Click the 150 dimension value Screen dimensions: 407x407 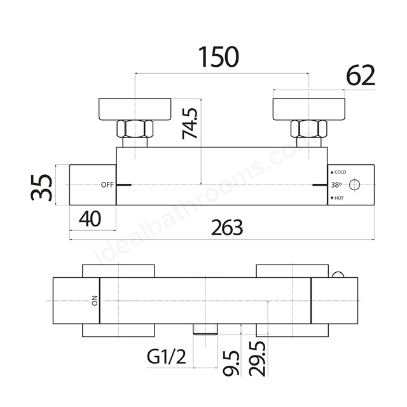tap(218, 57)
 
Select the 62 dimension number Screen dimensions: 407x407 tap(361, 76)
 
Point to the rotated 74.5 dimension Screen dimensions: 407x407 tap(190, 123)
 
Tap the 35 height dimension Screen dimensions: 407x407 tap(43, 185)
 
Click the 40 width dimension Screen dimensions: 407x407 tap(90, 219)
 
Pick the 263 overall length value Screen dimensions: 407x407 tap(227, 226)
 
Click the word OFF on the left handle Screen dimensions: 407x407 tap(107, 185)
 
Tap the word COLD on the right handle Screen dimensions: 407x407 tap(340, 172)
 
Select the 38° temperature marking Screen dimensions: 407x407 tap(336, 185)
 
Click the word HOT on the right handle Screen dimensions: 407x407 tap(339, 198)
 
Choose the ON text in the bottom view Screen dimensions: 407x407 tap(94, 301)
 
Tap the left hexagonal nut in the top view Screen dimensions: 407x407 tap(135, 130)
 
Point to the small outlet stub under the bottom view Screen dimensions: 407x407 tap(206, 329)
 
